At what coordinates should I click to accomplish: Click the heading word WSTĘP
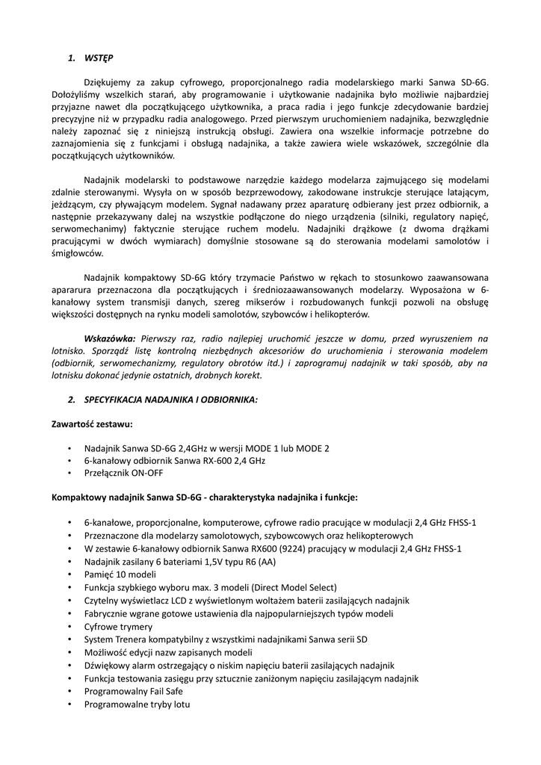[x=99, y=58]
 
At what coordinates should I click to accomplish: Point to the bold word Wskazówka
[x=111, y=338]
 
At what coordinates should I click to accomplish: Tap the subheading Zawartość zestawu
[x=92, y=424]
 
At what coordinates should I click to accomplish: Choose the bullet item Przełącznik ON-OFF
[x=124, y=473]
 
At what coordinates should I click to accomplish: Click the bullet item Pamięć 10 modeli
[x=120, y=574]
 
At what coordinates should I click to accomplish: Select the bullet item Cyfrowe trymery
[x=118, y=627]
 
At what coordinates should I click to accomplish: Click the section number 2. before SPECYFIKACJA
[x=71, y=399]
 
